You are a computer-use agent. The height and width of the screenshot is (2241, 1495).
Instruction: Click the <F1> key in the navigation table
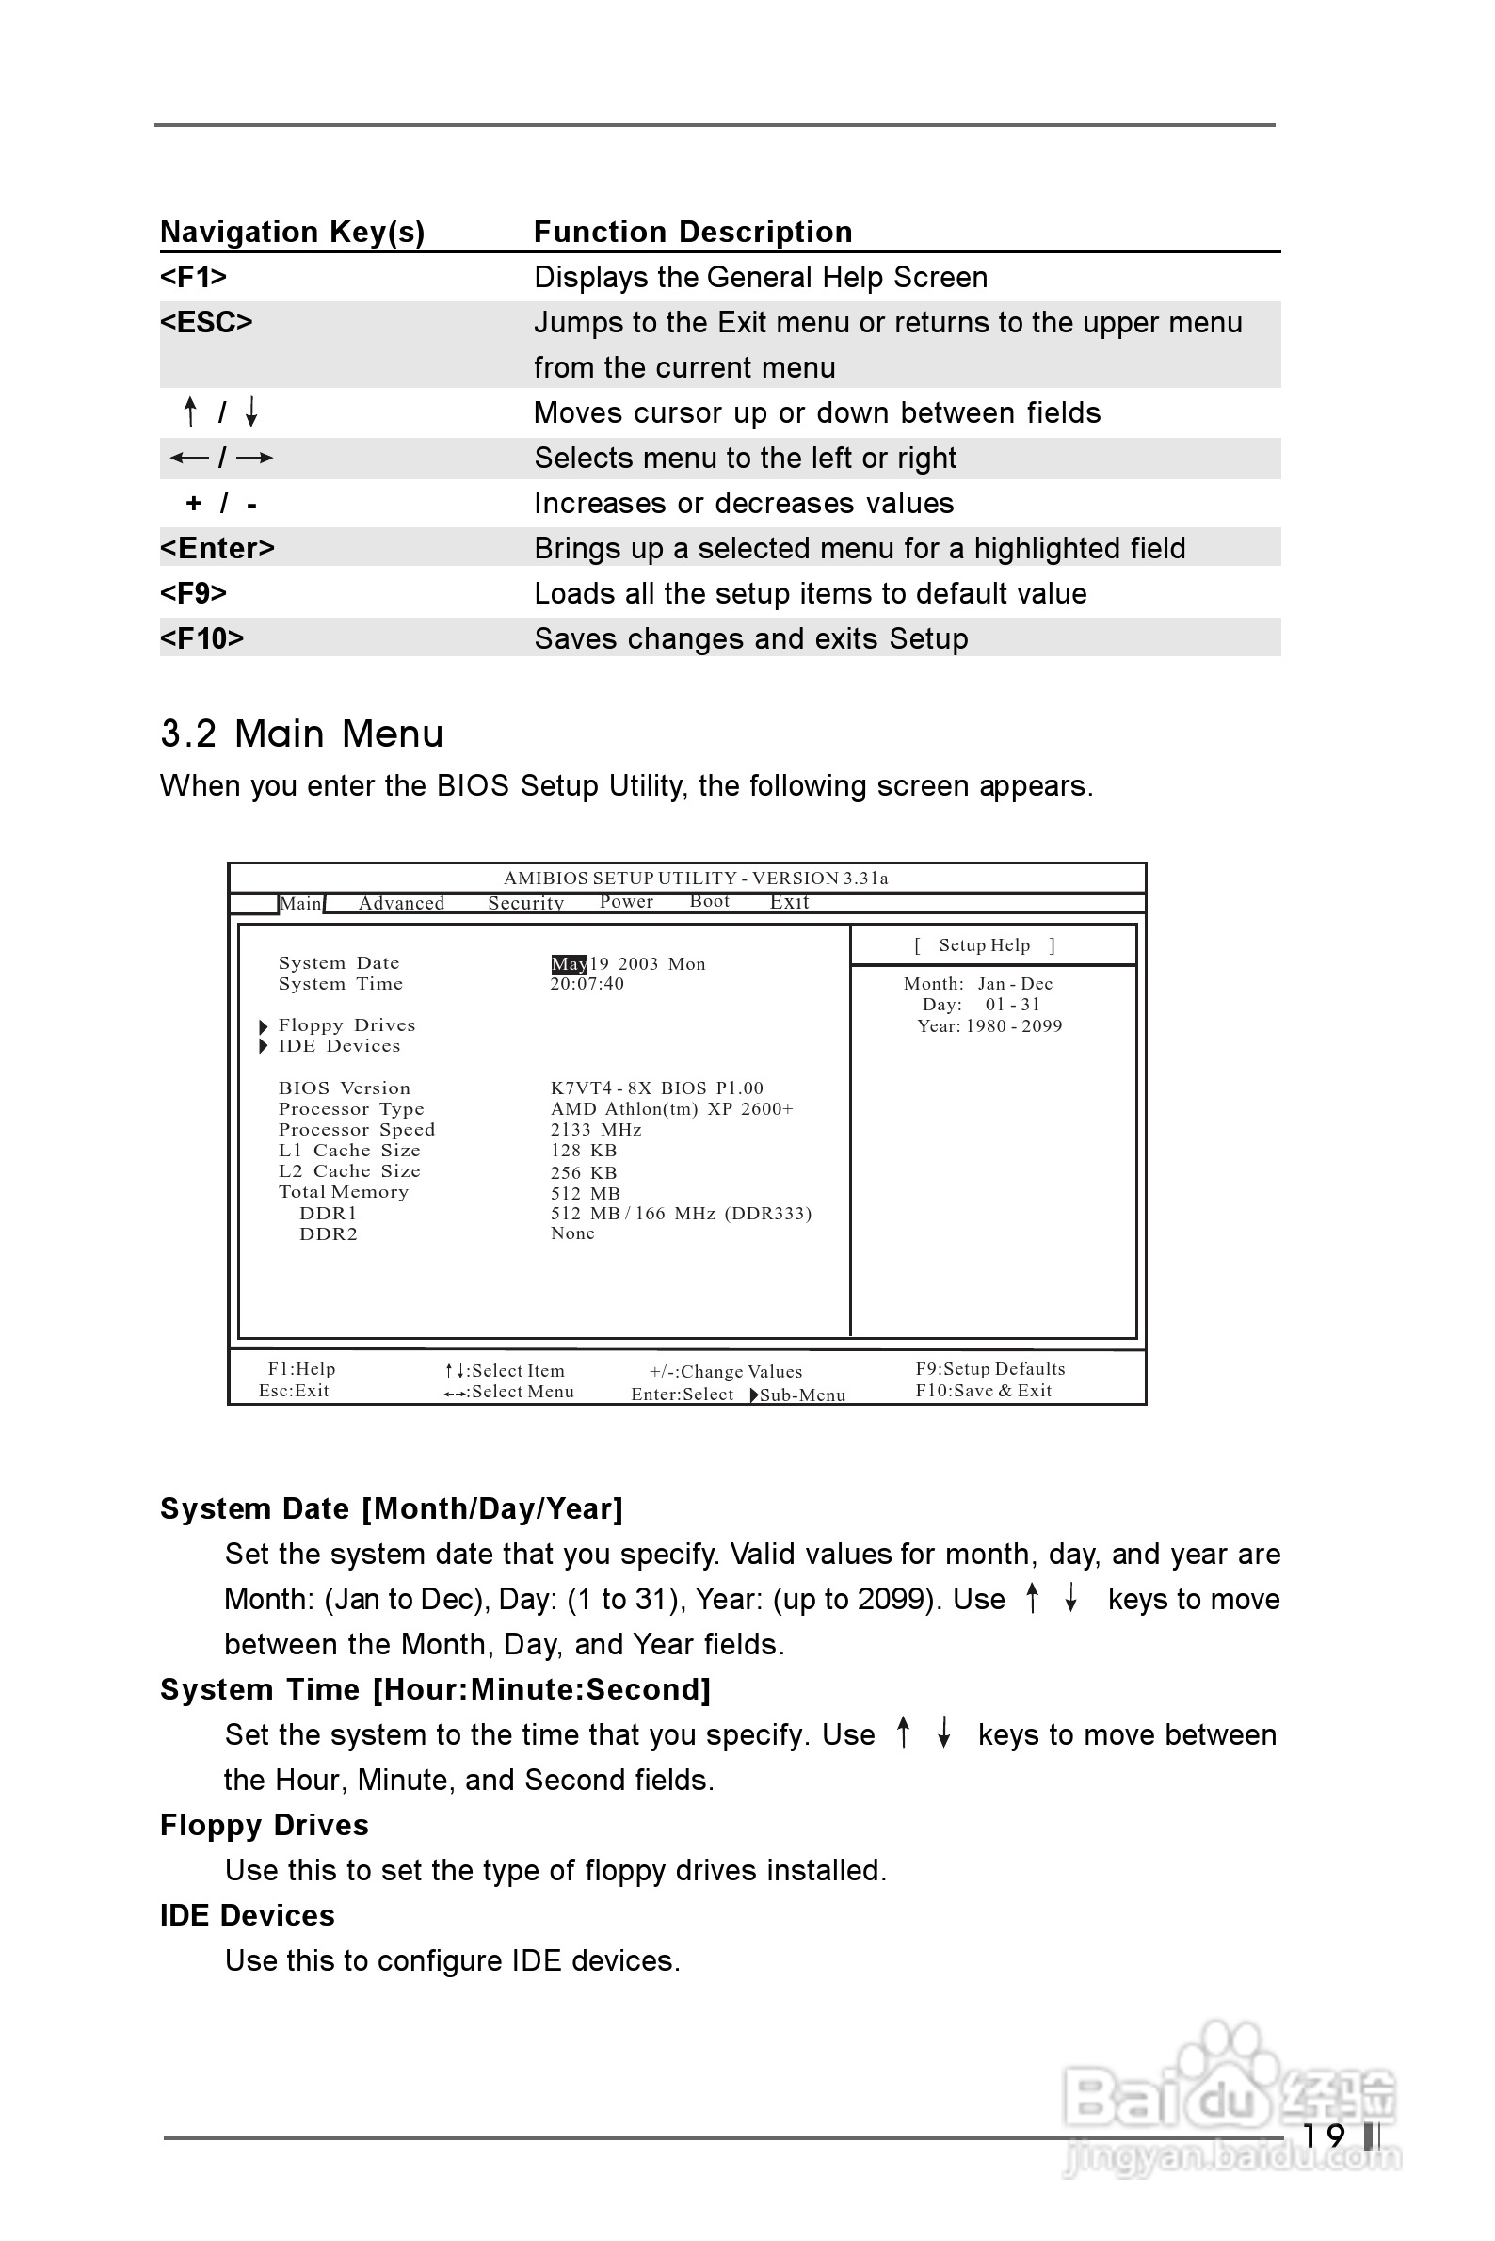click(194, 277)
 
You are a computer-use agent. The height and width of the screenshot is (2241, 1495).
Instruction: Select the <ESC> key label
click(206, 322)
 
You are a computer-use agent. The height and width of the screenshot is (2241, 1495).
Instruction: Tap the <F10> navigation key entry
click(202, 638)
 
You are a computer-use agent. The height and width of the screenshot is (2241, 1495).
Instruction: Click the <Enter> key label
click(217, 548)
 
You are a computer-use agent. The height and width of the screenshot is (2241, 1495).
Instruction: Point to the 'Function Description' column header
click(692, 232)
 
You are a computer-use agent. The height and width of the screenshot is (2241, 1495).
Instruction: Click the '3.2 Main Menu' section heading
click(301, 734)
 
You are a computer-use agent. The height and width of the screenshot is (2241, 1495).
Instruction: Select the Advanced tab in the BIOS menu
click(401, 903)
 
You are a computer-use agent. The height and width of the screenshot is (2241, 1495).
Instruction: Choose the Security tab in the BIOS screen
click(525, 903)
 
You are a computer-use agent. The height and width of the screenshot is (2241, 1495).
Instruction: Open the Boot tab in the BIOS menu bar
click(709, 901)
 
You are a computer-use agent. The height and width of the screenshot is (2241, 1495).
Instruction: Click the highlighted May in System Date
click(570, 964)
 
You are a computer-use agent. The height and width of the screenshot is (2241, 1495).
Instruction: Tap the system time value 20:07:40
click(587, 984)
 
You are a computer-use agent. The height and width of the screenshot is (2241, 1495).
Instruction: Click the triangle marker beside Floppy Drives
click(264, 1026)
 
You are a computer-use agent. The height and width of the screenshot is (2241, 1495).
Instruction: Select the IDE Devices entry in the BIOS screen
click(339, 1046)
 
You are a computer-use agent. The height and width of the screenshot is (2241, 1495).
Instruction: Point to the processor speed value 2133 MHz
click(596, 1130)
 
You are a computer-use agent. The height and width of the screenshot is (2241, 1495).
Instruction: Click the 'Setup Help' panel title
click(984, 945)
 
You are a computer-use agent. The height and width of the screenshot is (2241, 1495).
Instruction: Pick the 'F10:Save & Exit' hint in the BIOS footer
click(983, 1391)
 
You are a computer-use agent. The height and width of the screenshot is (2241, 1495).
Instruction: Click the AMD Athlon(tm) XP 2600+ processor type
click(671, 1109)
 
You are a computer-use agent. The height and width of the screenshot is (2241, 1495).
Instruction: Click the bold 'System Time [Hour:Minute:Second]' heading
click(435, 1689)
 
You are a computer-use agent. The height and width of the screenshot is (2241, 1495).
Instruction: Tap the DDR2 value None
click(572, 1233)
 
